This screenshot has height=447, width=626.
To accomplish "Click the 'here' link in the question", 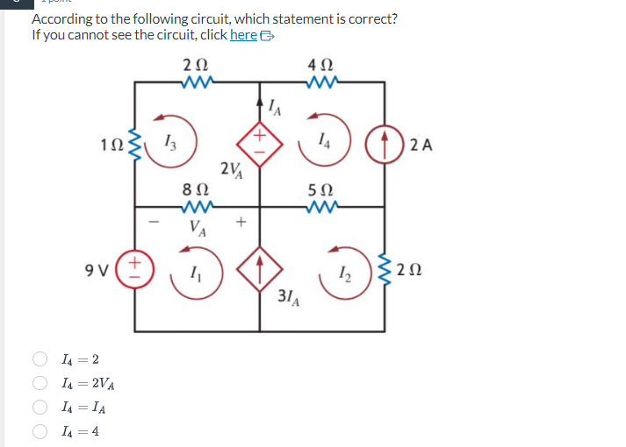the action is (243, 35).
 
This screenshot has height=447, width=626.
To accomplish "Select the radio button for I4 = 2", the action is (40, 359).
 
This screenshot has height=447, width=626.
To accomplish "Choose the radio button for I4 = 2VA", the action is (40, 383).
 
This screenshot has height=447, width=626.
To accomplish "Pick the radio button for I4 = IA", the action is (40, 407).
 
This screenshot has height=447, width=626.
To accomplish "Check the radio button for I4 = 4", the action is (40, 430).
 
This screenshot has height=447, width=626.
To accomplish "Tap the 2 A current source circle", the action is (385, 145).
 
